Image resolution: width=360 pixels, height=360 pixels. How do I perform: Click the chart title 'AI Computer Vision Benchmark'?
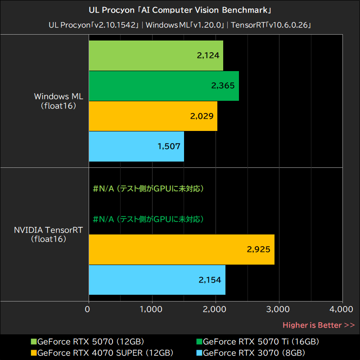pos(180,9)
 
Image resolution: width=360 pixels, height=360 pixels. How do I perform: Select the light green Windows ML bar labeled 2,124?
pos(156,56)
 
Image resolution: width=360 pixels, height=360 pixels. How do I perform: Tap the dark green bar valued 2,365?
pos(164,85)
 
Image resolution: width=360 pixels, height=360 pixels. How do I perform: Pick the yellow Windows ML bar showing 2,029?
pos(153,116)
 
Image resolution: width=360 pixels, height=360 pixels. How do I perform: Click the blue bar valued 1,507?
pos(136,146)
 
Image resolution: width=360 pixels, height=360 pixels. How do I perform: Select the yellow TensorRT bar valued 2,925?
pos(181,249)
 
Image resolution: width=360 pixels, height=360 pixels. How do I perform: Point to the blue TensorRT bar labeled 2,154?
pos(157,280)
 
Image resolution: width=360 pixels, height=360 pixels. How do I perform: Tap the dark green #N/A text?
pos(148,219)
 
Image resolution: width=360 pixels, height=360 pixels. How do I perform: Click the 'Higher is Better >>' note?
pos(319,325)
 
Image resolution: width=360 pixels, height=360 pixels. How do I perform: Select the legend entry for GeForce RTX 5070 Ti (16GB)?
pos(261,342)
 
